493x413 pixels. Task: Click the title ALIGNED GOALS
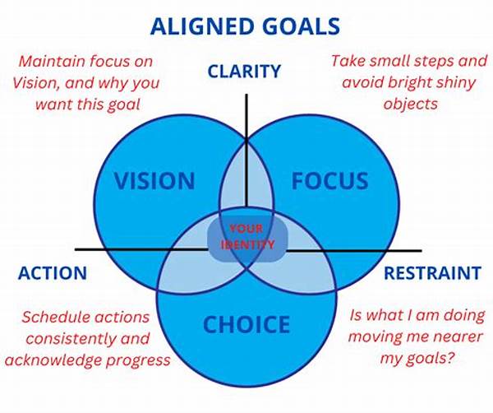(x=245, y=26)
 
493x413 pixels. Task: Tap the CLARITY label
(x=244, y=71)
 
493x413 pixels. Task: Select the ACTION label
(x=53, y=273)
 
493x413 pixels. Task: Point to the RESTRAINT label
(x=432, y=273)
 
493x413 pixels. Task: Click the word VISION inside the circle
(x=154, y=181)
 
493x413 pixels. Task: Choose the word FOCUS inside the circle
(x=329, y=181)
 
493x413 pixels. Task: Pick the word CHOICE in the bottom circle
(x=246, y=324)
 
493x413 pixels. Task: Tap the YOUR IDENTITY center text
(x=247, y=237)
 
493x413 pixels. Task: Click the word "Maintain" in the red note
(x=53, y=61)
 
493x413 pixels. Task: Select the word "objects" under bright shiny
(x=411, y=104)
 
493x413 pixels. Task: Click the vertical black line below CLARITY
(x=246, y=151)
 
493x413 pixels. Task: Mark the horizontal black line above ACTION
(x=141, y=249)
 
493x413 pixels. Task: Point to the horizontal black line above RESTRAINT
(x=353, y=251)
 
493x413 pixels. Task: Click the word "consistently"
(x=68, y=339)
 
